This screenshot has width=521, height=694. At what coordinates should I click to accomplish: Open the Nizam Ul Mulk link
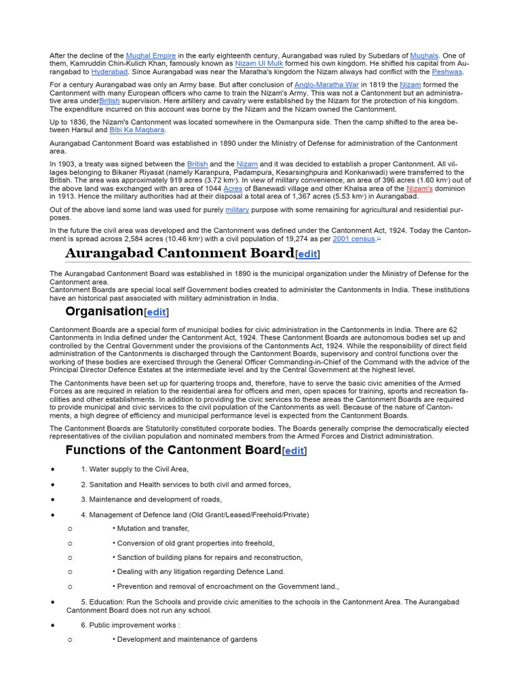click(258, 64)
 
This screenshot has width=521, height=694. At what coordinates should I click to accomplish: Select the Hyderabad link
click(109, 72)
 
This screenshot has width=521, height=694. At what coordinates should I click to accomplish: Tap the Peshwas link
click(447, 72)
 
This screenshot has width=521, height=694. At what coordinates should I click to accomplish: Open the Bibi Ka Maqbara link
click(137, 130)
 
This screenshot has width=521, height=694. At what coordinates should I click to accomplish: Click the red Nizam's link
click(419, 188)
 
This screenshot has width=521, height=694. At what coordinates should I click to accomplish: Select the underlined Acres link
click(233, 188)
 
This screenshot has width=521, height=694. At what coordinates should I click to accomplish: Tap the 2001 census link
click(353, 239)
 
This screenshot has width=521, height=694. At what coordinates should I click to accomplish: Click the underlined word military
click(237, 210)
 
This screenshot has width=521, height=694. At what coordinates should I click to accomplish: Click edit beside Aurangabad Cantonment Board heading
click(308, 255)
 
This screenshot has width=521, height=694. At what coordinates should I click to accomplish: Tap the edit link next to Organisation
click(157, 312)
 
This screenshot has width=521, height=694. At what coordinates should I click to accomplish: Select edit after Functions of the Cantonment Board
click(294, 451)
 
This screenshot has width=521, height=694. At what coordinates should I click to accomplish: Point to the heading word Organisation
click(104, 312)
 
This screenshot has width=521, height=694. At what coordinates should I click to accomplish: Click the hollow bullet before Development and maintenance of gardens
click(69, 640)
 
